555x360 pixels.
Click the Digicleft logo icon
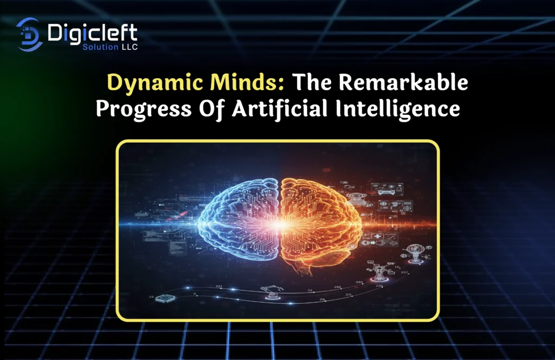29,34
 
